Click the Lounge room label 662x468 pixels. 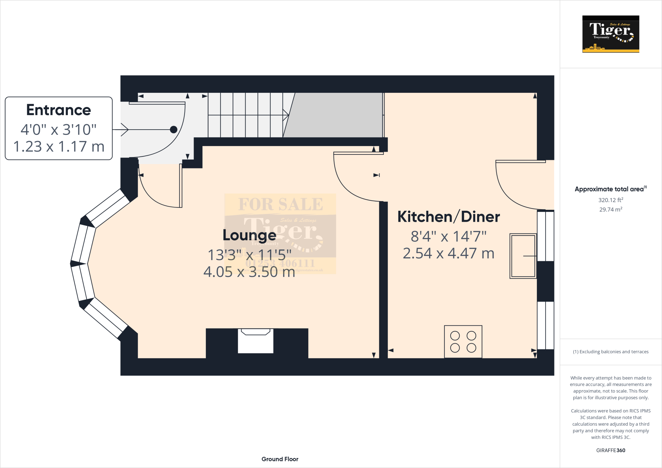pyautogui.click(x=249, y=235)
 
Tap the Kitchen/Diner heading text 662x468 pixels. pyautogui.click(x=448, y=217)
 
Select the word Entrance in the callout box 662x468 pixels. pyautogui.click(x=59, y=110)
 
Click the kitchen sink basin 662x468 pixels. pyautogui.click(x=523, y=256)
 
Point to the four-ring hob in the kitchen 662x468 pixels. pyautogui.click(x=463, y=341)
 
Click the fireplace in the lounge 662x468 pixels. pyautogui.click(x=255, y=341)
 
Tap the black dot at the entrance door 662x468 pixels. pyautogui.click(x=174, y=130)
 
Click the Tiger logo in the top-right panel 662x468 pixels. pyautogui.click(x=611, y=34)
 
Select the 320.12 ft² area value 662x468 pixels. pyautogui.click(x=611, y=200)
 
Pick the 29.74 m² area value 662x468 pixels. pyautogui.click(x=611, y=209)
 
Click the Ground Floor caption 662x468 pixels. pyautogui.click(x=280, y=459)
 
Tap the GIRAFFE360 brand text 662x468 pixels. pyautogui.click(x=611, y=450)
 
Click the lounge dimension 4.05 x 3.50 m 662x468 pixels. pyautogui.click(x=249, y=272)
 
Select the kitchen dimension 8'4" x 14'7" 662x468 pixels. pyautogui.click(x=448, y=237)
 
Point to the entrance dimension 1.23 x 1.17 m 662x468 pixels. pyautogui.click(x=59, y=146)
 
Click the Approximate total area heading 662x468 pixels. pyautogui.click(x=609, y=189)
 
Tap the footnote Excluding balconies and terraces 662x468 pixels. pyautogui.click(x=611, y=352)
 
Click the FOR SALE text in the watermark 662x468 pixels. pyautogui.click(x=280, y=204)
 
